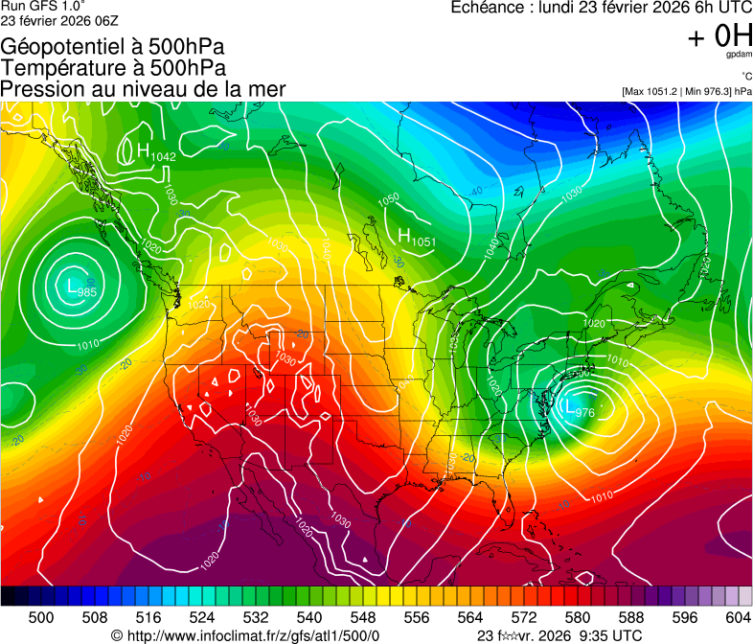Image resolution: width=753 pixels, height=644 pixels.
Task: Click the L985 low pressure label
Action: [x=76, y=286]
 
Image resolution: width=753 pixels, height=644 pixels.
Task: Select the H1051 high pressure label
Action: [x=416, y=238]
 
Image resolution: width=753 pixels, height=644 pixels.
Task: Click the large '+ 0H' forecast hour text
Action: [x=719, y=36]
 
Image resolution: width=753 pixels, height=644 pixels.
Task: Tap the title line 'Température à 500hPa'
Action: [x=113, y=68]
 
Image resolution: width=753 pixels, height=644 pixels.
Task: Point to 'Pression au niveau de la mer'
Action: [x=143, y=89]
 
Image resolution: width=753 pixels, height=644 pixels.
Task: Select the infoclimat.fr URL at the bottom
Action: [x=245, y=635]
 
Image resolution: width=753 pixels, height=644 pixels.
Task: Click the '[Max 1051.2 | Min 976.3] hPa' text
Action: [x=686, y=91]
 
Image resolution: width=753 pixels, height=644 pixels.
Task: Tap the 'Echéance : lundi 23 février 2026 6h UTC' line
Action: [x=601, y=8]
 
